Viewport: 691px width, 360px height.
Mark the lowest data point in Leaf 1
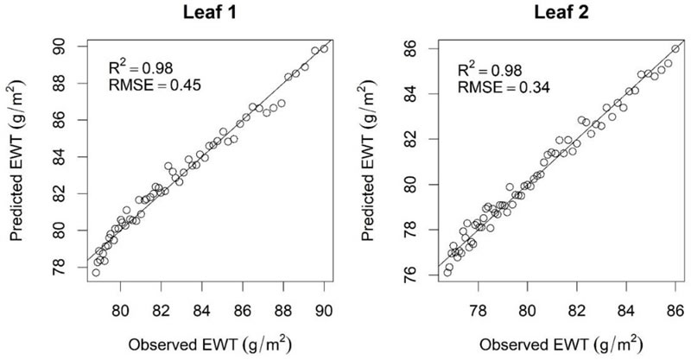coord(95,273)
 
